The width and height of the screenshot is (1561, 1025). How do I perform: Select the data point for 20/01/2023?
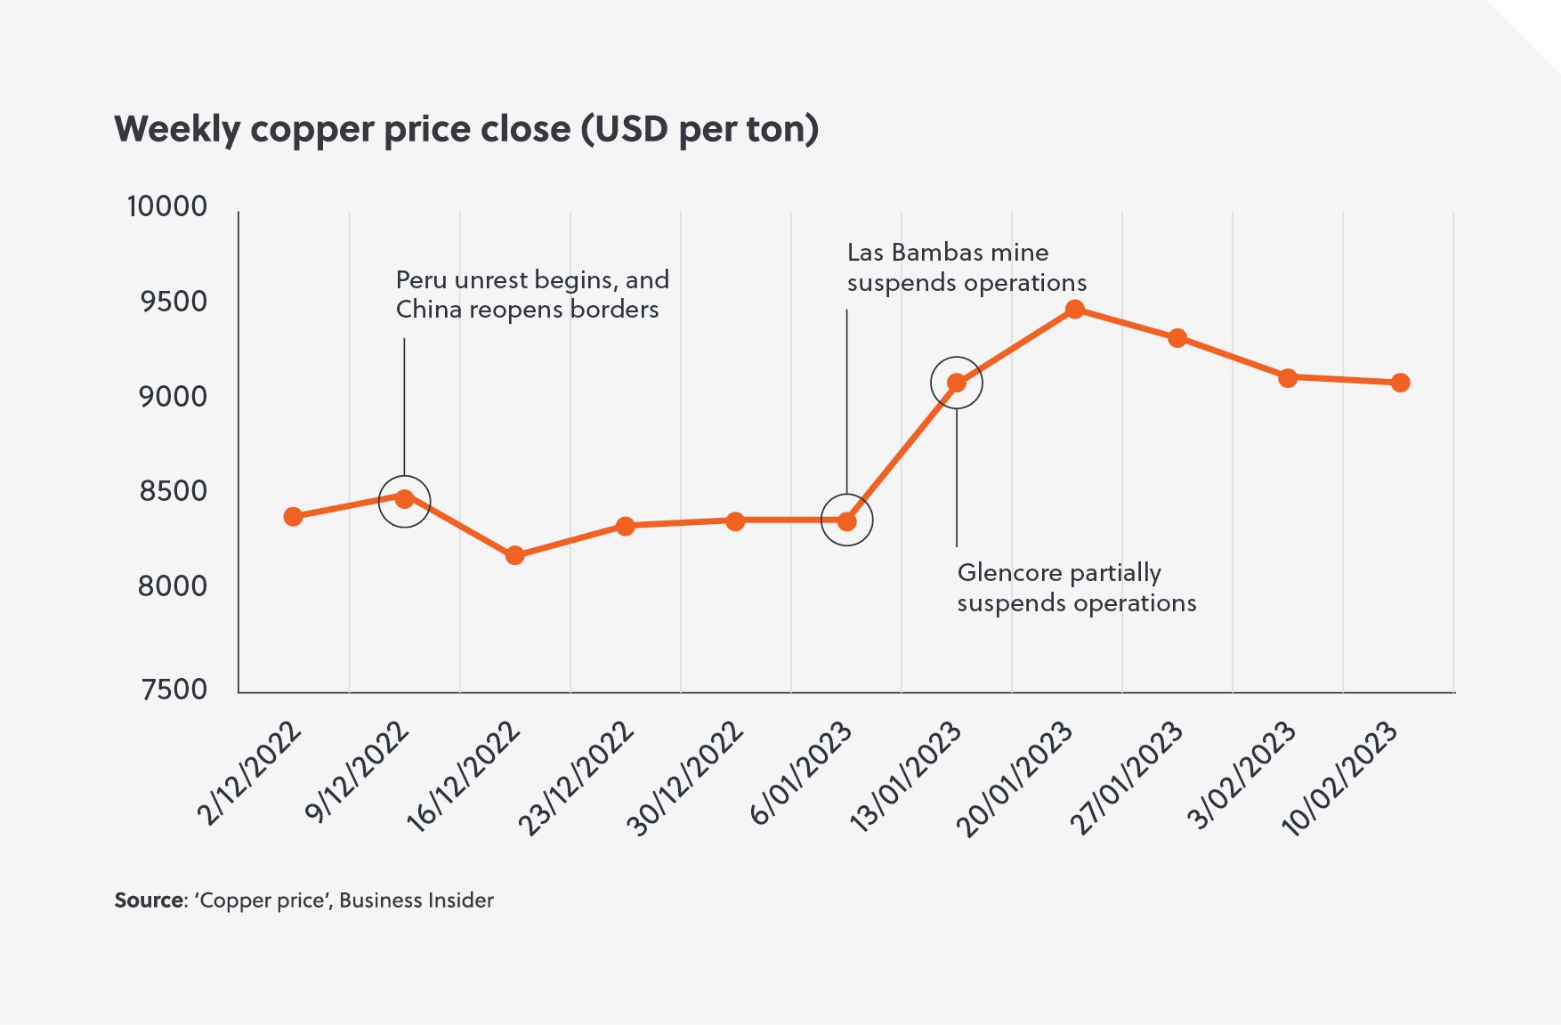pos(1074,310)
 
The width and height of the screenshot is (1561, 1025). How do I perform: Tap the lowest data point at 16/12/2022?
pos(514,555)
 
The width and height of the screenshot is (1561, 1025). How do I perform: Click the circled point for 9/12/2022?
pos(404,499)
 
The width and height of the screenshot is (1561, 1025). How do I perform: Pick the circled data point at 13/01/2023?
pos(957,383)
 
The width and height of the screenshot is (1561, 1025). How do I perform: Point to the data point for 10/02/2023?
pos(1400,383)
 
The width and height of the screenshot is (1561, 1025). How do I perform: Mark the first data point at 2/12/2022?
pos(293,517)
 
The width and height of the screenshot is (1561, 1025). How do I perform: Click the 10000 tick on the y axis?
pos(167,206)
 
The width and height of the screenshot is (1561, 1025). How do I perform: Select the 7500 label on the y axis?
pos(174,690)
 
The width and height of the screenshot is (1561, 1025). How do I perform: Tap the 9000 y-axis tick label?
pos(173,397)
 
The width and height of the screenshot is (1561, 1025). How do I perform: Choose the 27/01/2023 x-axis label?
pos(1128,778)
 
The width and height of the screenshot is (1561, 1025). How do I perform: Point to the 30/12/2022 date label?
pos(685,778)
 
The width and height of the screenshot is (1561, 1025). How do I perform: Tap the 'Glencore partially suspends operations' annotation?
pos(1075,588)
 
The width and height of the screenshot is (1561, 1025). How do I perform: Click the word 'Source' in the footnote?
pos(149,900)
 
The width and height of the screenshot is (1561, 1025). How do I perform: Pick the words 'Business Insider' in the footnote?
pos(416,900)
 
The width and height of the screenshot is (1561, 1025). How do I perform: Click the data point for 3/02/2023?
pos(1287,378)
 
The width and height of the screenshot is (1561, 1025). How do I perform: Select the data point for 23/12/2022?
pos(626,527)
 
